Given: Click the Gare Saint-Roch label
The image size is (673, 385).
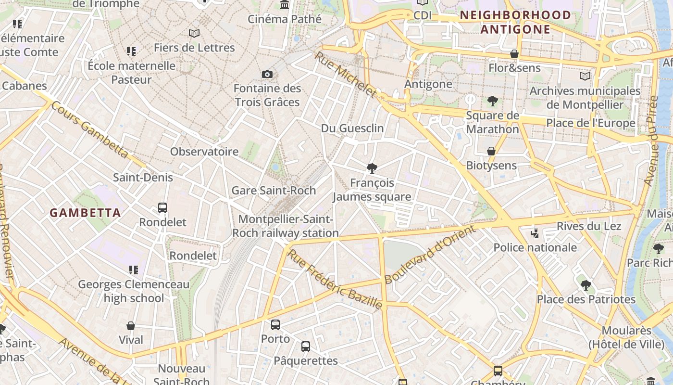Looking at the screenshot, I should coord(274,190).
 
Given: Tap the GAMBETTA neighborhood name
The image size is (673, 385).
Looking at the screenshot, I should coord(85,213).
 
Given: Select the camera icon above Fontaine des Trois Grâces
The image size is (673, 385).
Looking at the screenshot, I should coord(267,74).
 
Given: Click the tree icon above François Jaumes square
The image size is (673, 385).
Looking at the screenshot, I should coord(372,168).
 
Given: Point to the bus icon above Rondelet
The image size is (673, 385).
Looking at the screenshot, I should coord(162,208).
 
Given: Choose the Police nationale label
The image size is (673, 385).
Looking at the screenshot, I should coord(535,247).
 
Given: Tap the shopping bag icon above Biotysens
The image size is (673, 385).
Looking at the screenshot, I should coord(491,151).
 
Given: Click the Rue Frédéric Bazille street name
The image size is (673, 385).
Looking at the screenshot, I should coord(335,279).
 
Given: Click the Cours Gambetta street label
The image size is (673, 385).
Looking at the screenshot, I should coord(89,129).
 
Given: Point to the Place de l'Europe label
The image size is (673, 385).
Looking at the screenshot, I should coord(590,123).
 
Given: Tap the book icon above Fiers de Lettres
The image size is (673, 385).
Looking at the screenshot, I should coord(194,33).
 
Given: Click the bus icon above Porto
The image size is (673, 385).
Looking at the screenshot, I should coord(275,324).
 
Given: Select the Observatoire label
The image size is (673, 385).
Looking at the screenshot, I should coord(204,152).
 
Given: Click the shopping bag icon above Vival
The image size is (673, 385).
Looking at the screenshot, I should coord(131,326).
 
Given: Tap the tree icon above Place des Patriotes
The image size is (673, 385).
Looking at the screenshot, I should coord(586,285).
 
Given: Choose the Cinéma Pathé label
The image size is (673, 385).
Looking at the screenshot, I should coord(285,19).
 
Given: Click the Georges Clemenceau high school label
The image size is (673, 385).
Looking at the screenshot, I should coord(134,291).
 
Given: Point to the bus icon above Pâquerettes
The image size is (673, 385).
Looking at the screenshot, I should coord(306,346).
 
